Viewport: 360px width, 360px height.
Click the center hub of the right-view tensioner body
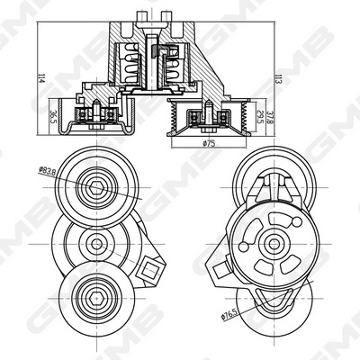pos(269,242)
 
